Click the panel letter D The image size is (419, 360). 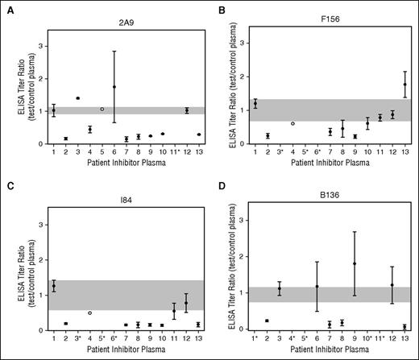click(221, 189)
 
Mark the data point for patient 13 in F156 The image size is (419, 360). click(404, 85)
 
